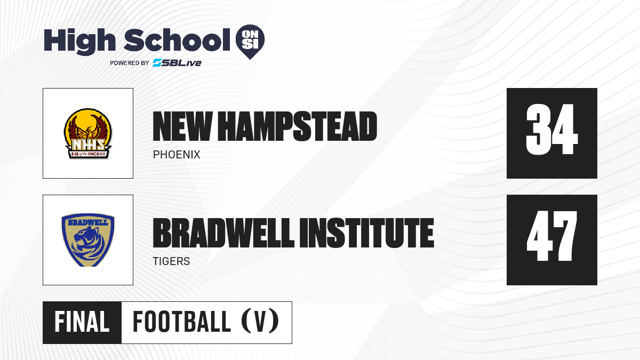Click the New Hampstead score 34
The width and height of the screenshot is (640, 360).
(551, 129)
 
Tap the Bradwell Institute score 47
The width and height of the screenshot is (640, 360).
(551, 236)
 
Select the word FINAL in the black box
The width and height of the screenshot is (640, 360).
(82, 322)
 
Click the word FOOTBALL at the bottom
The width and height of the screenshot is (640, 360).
(182, 322)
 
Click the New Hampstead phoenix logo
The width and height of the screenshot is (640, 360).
(88, 133)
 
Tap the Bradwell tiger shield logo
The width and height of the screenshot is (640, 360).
(88, 240)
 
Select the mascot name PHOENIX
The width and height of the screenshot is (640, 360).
(177, 155)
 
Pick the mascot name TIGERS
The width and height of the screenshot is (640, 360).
(171, 261)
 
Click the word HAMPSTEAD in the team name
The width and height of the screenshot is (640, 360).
(298, 126)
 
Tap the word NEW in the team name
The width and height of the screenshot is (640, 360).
(182, 126)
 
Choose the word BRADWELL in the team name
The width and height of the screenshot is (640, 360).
(223, 233)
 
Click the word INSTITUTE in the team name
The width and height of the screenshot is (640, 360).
(367, 233)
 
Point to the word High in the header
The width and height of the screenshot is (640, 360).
(79, 42)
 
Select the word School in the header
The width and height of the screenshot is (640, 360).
(177, 40)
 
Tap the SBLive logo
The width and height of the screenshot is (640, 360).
(177, 63)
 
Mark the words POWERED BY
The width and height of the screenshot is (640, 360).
(130, 63)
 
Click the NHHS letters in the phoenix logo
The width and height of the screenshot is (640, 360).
(88, 145)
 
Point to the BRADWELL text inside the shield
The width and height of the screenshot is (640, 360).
(88, 222)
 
